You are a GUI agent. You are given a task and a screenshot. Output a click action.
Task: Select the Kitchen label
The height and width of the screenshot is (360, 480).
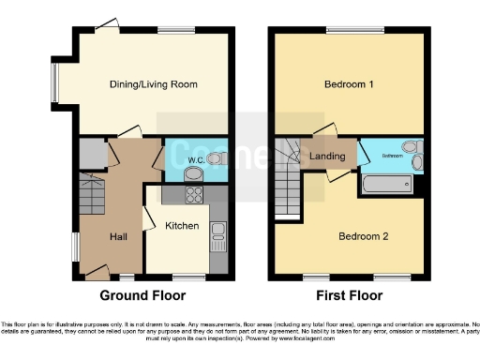(182, 226)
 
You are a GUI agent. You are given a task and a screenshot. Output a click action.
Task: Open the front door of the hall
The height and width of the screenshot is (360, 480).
(96, 273)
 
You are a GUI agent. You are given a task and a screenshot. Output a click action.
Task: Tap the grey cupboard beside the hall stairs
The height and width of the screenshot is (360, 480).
(91, 153)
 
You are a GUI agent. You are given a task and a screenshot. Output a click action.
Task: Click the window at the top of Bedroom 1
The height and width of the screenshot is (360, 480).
(348, 28)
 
